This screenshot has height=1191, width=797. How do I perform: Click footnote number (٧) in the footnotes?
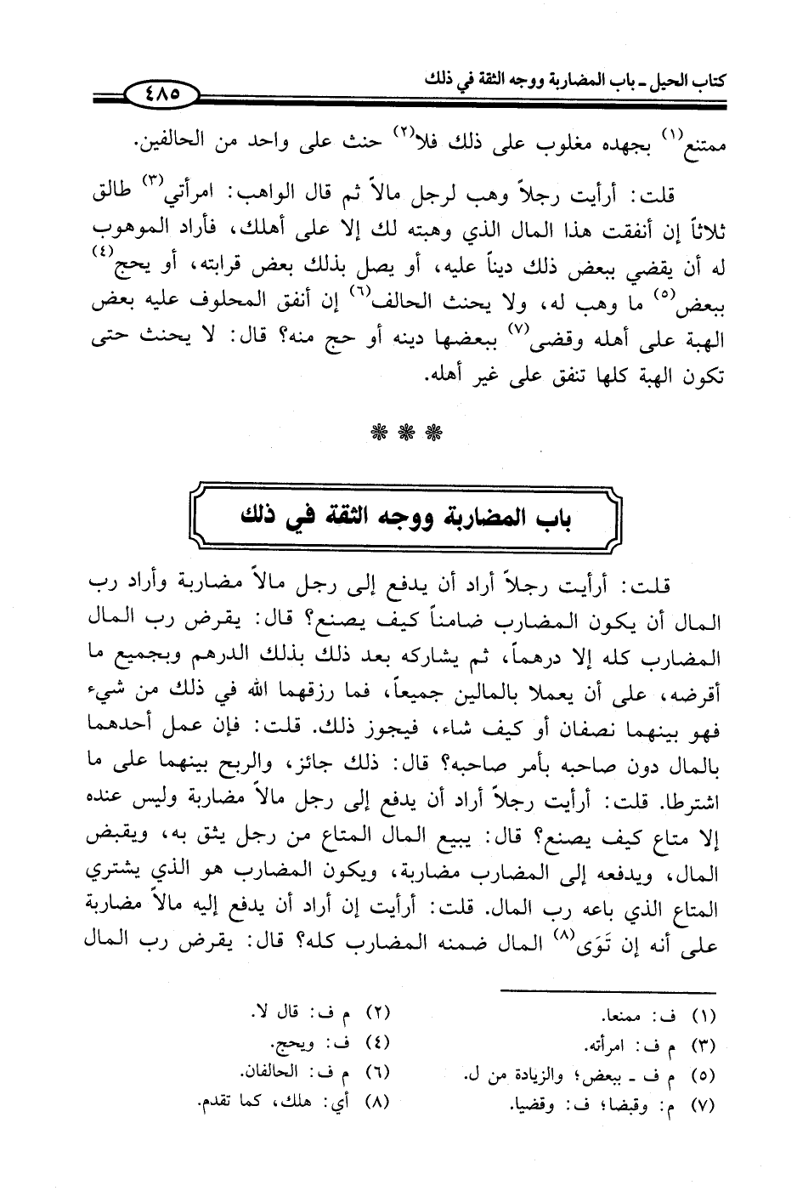point(704,1107)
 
